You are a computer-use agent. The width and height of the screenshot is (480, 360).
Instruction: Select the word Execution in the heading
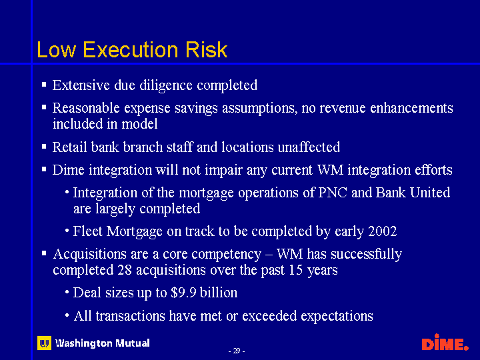coord(131,49)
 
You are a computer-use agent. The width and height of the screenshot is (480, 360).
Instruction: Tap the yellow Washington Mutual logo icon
coord(45,343)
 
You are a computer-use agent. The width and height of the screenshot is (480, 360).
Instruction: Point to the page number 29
coord(236,351)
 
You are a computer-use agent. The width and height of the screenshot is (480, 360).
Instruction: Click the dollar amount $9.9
coord(183,293)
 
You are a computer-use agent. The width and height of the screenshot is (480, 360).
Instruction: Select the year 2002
coord(383,231)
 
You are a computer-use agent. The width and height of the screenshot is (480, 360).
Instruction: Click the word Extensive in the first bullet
coord(81,85)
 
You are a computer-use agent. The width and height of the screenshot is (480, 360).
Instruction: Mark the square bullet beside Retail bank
coord(44,147)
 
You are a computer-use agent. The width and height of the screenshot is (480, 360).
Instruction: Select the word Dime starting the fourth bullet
coord(68,170)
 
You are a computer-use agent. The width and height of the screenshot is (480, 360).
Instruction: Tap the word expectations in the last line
coord(337,316)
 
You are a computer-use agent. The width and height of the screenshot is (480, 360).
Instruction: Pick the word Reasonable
coord(86,108)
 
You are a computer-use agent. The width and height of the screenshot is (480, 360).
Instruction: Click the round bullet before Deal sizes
coord(67,291)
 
